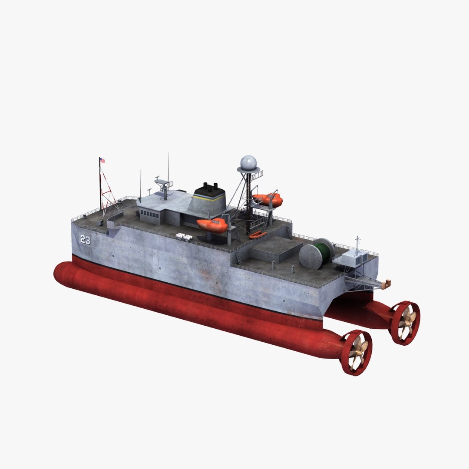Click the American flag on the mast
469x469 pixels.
pos(102,160)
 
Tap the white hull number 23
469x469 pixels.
pos(85,239)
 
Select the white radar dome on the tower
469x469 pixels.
pos(248,163)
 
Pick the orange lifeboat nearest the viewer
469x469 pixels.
pos(212,225)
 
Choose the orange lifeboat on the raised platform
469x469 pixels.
pos(268,199)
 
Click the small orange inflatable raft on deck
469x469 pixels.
pos(258,234)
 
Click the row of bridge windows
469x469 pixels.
pos(149,214)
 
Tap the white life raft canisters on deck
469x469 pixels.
pos(184,236)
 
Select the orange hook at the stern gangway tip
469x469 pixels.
pos(386,284)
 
